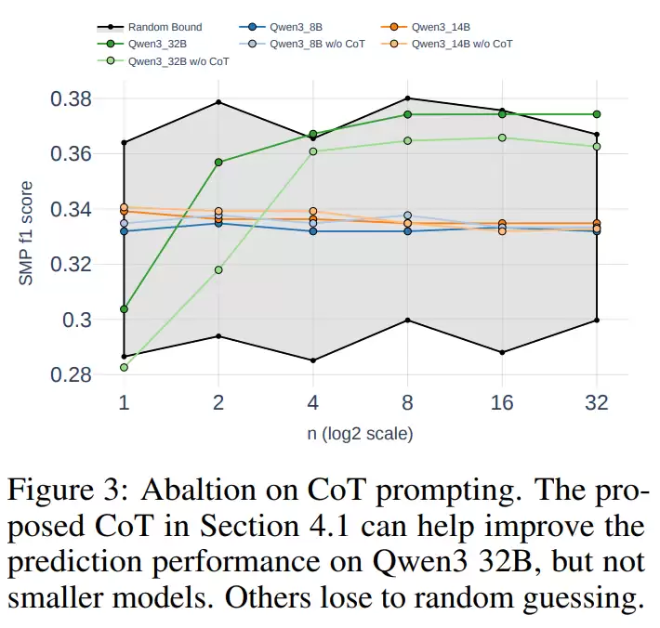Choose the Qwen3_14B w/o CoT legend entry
click(461, 44)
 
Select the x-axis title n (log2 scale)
click(360, 434)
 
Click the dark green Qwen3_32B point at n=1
click(124, 308)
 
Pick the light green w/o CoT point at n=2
click(218, 270)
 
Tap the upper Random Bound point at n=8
click(407, 98)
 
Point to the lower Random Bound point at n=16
click(502, 352)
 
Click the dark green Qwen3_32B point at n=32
click(597, 114)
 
